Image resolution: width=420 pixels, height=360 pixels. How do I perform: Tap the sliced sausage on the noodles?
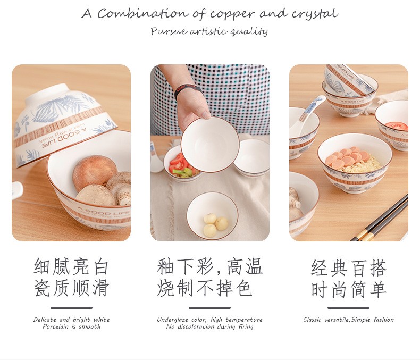point(348,156)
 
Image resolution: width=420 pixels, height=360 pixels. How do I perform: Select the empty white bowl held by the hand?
point(210,145)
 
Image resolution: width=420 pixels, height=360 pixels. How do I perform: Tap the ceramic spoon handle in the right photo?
point(313,111)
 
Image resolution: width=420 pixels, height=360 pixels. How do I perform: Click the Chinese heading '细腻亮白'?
point(71,266)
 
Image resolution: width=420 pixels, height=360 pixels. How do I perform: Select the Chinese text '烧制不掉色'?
point(205,288)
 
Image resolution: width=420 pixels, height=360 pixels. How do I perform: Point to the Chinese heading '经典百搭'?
point(349,268)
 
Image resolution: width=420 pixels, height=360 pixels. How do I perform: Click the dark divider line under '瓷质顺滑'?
point(72,308)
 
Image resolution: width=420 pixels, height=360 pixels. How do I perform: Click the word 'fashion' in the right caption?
point(383,320)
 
